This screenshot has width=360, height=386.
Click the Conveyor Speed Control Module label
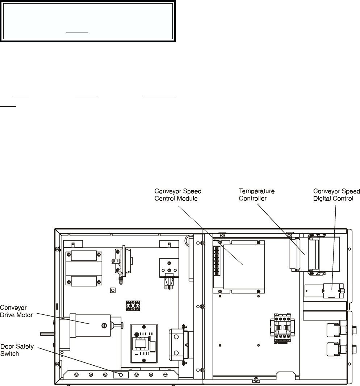click(178, 195)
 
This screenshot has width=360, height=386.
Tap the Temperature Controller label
click(256, 195)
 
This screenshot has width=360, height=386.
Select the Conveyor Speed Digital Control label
click(336, 195)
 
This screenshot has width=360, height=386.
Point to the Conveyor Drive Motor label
click(16, 311)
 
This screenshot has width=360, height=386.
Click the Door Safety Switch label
click(17, 350)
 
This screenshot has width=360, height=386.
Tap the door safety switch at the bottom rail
click(121, 375)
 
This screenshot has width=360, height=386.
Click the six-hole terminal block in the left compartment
click(133, 305)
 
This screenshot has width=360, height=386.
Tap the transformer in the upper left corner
click(84, 268)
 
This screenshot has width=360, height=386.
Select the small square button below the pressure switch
click(113, 290)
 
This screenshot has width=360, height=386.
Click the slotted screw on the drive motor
click(104, 326)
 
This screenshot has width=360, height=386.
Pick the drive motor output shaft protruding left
click(48, 334)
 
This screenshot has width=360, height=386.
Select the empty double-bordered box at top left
click(88, 21)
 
